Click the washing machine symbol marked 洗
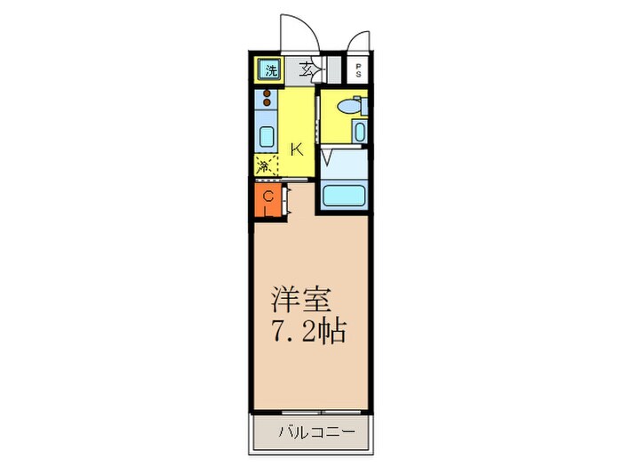[x=267, y=68]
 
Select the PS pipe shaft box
[x=358, y=70]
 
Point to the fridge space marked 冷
[x=263, y=165]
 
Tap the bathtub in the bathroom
[x=344, y=196]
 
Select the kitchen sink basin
[x=265, y=137]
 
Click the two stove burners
[x=266, y=101]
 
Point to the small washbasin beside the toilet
[x=358, y=132]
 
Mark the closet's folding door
[x=287, y=201]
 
